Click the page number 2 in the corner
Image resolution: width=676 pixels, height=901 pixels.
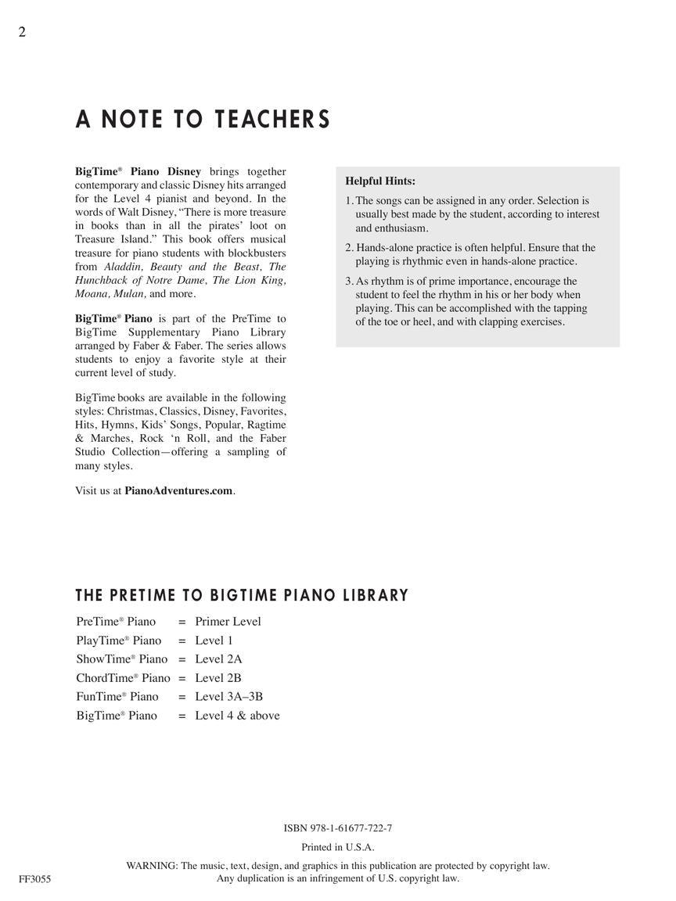[x=22, y=32]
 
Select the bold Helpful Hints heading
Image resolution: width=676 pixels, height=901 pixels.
[x=380, y=181]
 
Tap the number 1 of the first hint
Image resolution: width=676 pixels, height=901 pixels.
[x=348, y=201]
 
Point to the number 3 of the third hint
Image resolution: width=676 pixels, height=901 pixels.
[x=348, y=282]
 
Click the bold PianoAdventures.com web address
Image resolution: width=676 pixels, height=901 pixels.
[x=178, y=491]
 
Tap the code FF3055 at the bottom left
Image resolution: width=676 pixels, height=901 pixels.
[x=35, y=879]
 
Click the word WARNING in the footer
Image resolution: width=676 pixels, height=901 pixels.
[x=152, y=866]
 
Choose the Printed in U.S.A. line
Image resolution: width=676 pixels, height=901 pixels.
[x=338, y=847]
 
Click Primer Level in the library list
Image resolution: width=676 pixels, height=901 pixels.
[x=228, y=622]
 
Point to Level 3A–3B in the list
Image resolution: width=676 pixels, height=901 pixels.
[x=228, y=697]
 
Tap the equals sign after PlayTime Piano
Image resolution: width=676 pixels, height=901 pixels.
[x=182, y=641]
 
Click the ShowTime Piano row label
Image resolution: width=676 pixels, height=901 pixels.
[x=122, y=659]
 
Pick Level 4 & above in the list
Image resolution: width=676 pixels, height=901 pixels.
[x=237, y=716]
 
